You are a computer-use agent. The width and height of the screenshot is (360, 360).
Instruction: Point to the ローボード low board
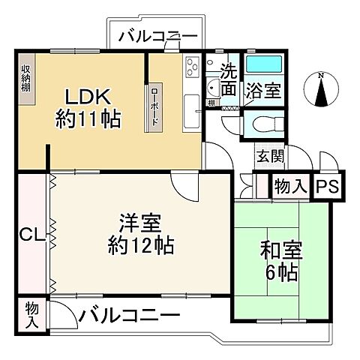[x=155, y=106]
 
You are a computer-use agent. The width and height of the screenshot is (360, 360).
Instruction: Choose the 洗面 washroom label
[x=229, y=81]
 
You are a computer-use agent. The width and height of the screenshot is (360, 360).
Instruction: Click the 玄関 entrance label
[x=270, y=157]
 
